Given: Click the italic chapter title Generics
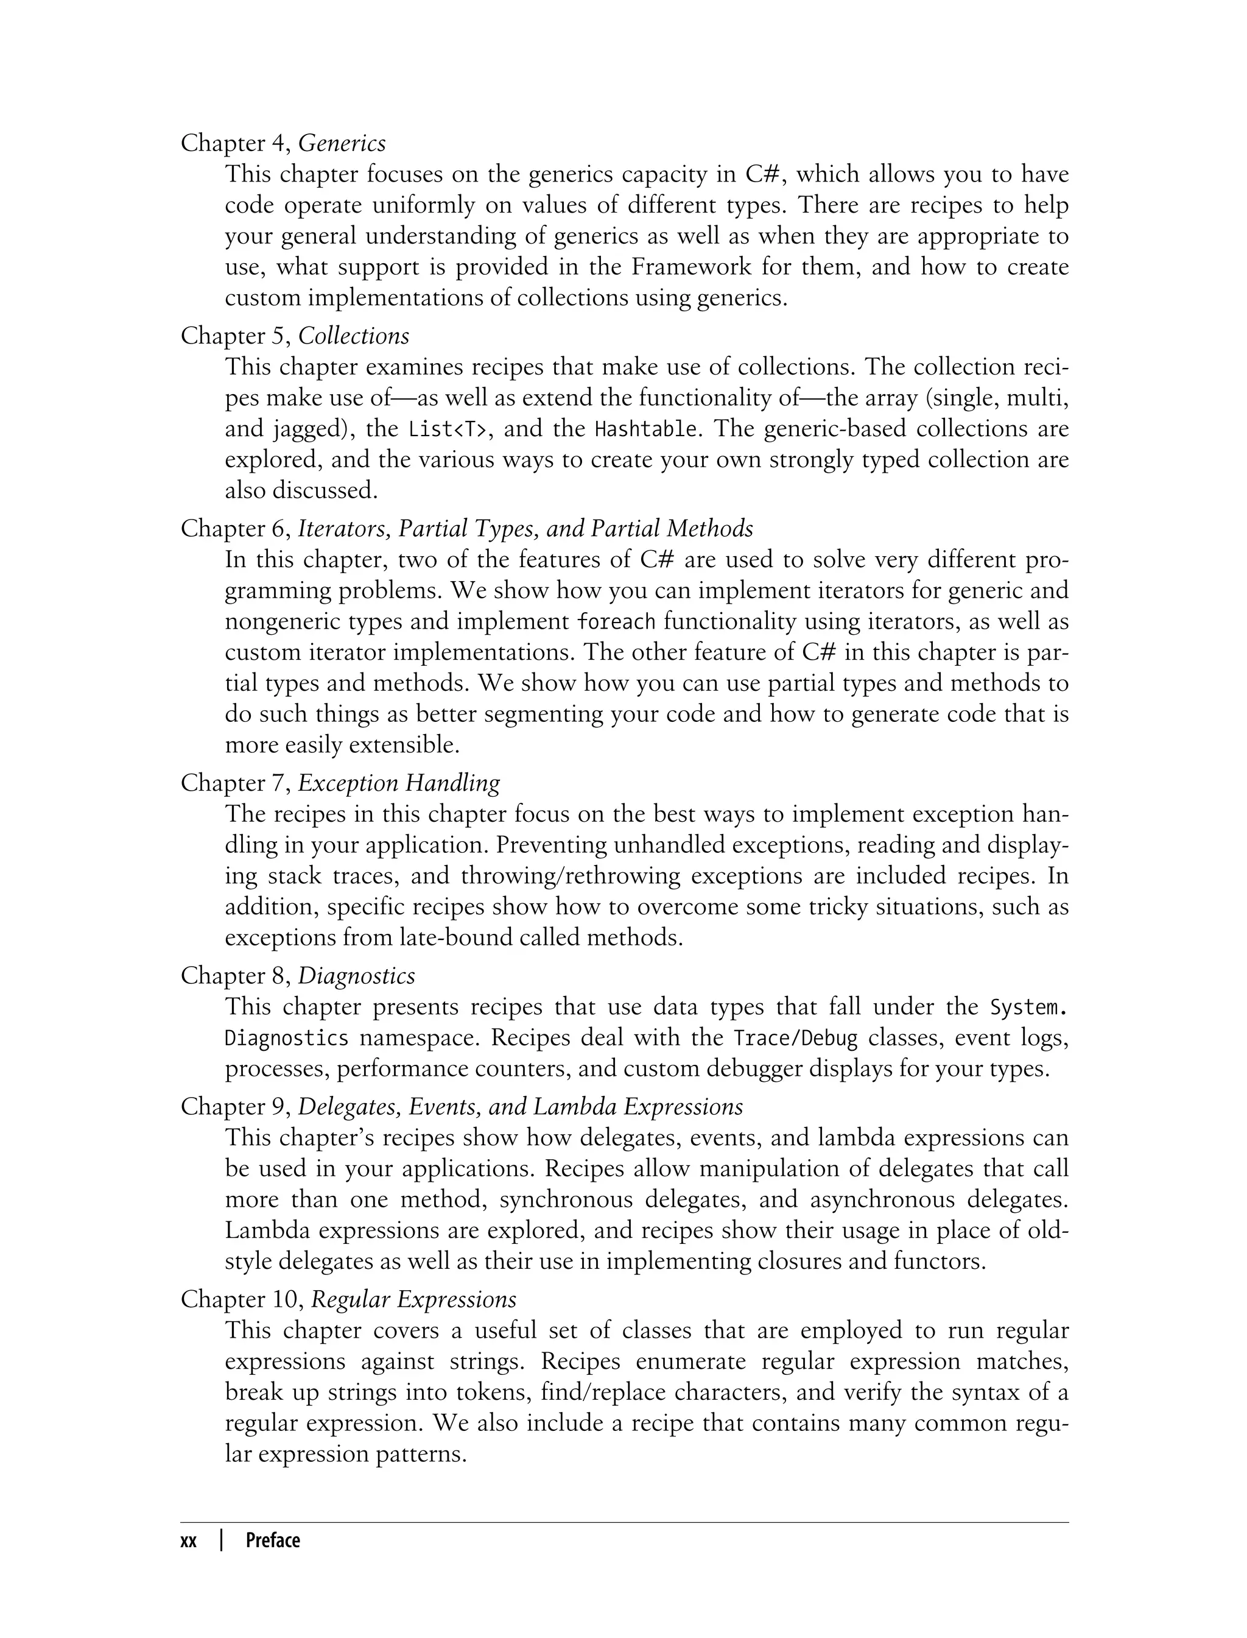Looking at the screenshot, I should pos(342,143).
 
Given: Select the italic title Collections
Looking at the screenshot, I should pos(353,336).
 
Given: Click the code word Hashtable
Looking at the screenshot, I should pos(646,429).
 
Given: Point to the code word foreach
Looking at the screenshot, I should pos(616,621).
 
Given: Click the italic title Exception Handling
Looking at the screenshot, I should pos(399,783).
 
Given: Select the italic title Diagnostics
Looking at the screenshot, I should pos(356,976).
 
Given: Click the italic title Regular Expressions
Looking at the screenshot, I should pos(413,1299).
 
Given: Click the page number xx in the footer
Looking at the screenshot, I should pos(189,1541).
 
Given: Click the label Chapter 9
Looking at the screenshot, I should pos(234,1107).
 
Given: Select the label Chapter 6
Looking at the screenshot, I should pos(234,529).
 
